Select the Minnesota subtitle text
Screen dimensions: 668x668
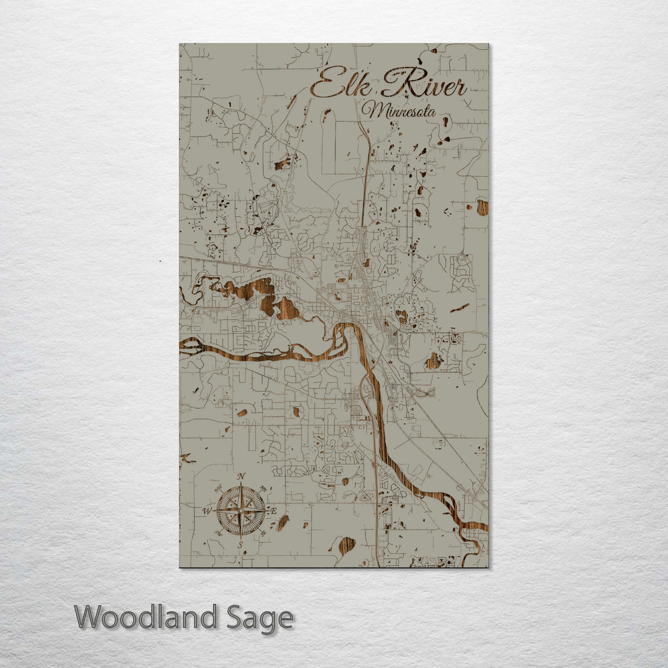pos(399,112)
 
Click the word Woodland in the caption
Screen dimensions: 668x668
pos(146,617)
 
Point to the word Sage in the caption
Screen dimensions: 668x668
pos(260,618)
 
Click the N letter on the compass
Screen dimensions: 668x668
pos(242,476)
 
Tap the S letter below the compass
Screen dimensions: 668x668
pos(241,544)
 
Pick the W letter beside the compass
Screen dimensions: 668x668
pos(207,511)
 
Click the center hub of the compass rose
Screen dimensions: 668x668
pos(241,511)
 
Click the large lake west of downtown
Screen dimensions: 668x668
pos(260,294)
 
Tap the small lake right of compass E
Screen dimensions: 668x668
pos(283,523)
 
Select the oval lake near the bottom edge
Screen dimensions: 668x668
pos(347,545)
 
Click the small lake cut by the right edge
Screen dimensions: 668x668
pos(482,207)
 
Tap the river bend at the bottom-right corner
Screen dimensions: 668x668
pos(473,538)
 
